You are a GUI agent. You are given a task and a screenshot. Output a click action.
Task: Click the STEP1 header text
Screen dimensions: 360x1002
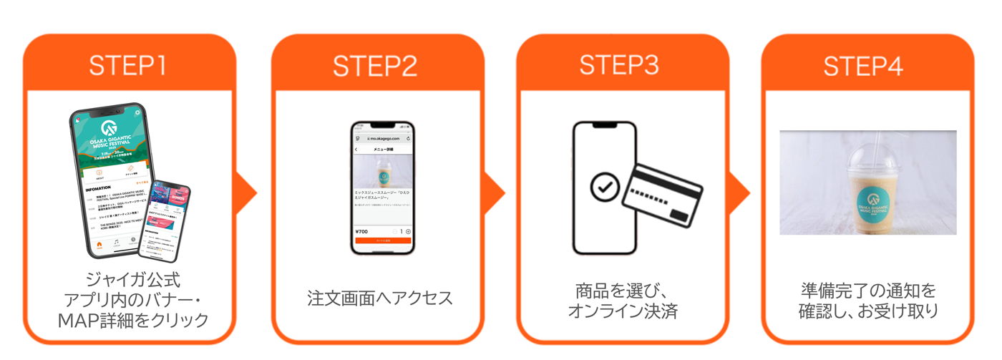[127, 65]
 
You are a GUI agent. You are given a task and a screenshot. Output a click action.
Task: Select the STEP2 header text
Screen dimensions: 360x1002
[375, 66]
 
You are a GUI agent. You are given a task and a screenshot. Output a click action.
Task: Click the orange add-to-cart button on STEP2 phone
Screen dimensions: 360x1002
[383, 241]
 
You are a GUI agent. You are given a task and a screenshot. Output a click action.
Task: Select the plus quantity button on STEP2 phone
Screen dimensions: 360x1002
[408, 232]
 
